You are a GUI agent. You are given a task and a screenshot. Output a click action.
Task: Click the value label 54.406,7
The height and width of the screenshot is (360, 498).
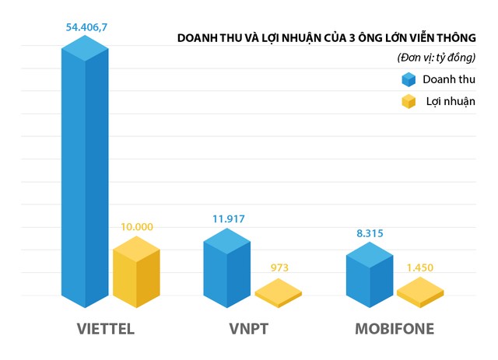click(87, 28)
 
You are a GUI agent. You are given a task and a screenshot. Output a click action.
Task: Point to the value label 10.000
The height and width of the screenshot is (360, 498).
click(136, 227)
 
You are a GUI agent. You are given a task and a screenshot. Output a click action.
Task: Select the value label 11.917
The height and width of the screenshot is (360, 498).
click(227, 219)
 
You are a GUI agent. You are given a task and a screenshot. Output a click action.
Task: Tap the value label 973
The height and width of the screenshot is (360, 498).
click(279, 268)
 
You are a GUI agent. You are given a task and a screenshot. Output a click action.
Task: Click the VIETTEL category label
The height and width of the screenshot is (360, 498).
click(106, 328)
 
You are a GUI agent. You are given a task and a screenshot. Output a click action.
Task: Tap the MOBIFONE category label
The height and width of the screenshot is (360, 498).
click(395, 328)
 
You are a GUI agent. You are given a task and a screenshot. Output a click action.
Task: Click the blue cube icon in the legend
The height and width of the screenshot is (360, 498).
click(409, 79)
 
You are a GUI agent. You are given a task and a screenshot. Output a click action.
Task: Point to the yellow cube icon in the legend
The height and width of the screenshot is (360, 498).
click(409, 102)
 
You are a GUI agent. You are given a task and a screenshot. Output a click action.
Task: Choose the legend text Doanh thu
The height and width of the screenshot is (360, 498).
click(449, 79)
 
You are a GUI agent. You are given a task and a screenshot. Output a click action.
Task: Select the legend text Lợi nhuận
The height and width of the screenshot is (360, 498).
click(450, 102)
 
